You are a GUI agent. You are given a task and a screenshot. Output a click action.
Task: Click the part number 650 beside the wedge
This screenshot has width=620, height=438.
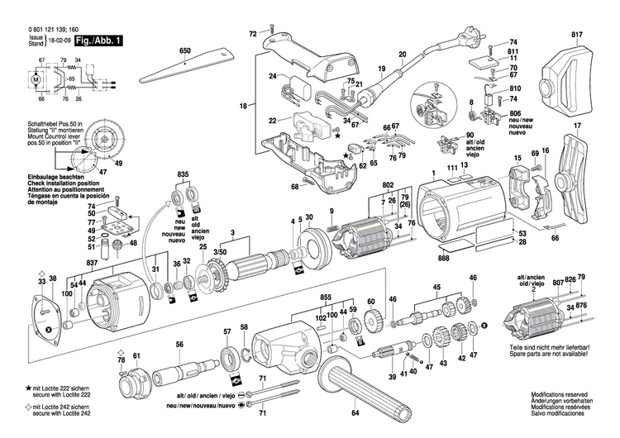[185, 52]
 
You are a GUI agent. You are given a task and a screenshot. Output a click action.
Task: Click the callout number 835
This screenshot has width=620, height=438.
[184, 174]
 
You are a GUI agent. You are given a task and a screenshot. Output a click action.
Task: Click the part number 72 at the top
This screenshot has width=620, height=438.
[254, 35]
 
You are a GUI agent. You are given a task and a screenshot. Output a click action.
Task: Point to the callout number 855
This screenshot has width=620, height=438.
[327, 296]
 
